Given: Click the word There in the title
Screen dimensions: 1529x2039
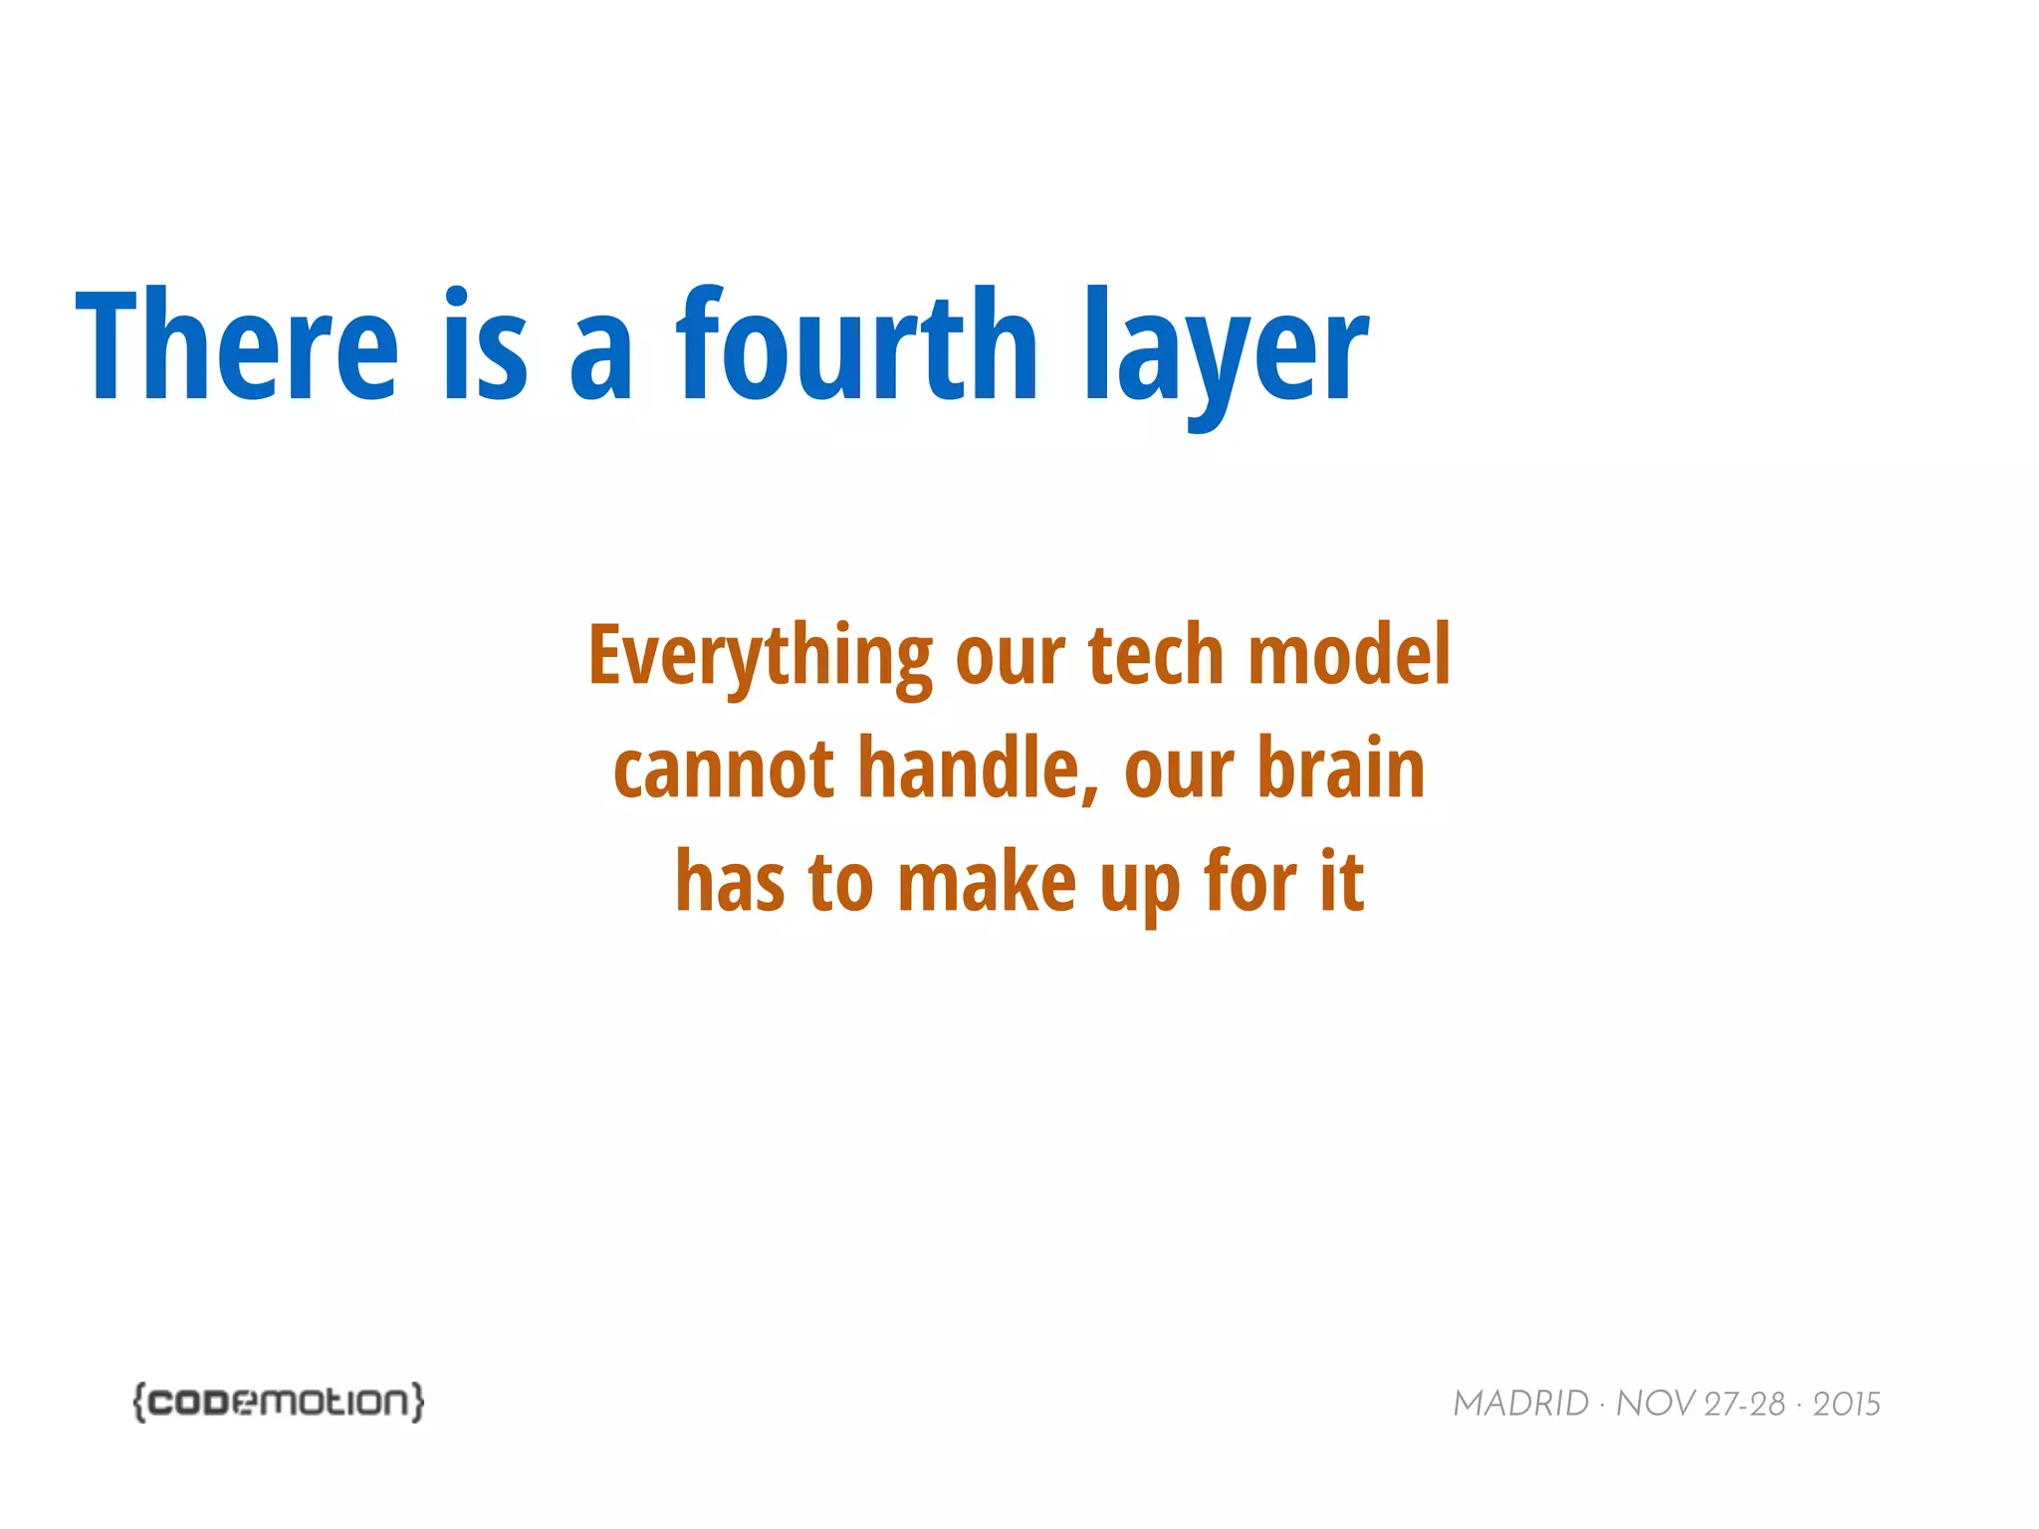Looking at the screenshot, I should [x=237, y=346].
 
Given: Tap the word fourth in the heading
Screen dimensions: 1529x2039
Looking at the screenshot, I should [x=857, y=346].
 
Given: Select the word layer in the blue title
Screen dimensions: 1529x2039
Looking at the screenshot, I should [x=1227, y=353].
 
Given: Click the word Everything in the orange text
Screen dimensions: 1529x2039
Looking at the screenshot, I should [x=760, y=657].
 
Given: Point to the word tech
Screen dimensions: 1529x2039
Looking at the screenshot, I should [x=1156, y=657].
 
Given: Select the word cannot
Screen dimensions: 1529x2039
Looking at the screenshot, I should [x=724, y=769].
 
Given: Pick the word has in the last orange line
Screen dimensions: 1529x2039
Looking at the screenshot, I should [x=730, y=883].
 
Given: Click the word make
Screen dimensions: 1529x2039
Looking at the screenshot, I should [x=987, y=883].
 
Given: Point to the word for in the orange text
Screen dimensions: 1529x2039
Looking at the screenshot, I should [x=1250, y=883].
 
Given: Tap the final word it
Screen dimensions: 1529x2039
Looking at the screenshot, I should [x=1342, y=883].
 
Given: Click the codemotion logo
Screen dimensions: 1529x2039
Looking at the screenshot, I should [x=279, y=1402].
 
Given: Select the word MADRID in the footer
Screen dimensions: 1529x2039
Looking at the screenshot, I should [x=1520, y=1405].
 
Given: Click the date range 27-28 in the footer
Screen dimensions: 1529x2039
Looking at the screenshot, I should [x=1744, y=1405].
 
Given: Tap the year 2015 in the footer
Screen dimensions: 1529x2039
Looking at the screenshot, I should [x=1846, y=1405].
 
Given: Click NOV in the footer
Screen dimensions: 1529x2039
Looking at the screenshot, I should [x=1655, y=1405].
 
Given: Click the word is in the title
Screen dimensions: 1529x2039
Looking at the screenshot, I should [x=485, y=346].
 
